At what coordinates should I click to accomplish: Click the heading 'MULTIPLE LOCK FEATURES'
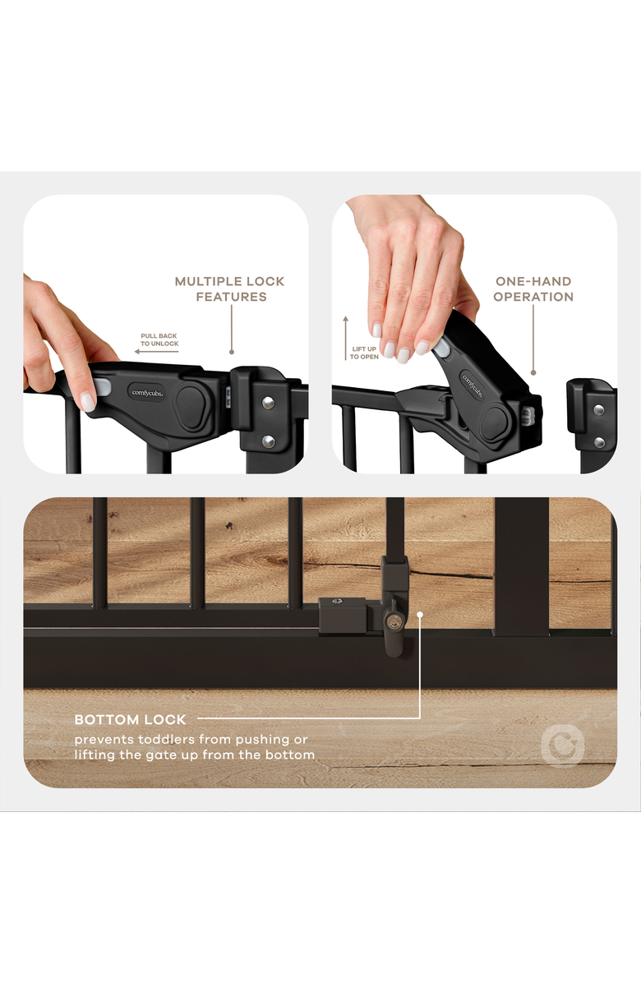pos(230,289)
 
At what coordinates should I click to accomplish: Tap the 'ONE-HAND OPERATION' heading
pos(533,289)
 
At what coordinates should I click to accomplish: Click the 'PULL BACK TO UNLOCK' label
pos(159,339)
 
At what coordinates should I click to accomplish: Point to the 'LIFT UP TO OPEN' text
pos(364,353)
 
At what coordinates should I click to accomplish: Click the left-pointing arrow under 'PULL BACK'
pos(157,352)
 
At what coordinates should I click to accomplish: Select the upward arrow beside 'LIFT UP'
pos(345,338)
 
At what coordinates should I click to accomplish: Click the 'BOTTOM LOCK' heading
pos(131,720)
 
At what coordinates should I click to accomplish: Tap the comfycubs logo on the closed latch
pos(147,393)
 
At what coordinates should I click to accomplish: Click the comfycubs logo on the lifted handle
pos(473,385)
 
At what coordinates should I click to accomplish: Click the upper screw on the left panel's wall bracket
pos(268,403)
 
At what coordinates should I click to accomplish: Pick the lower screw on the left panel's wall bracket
pos(268,443)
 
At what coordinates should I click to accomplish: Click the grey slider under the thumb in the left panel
pos(102,388)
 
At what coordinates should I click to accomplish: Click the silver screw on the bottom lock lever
pos(393,622)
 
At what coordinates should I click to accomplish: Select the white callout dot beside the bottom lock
pos(420,615)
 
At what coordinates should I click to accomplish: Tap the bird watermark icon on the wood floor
pos(562,746)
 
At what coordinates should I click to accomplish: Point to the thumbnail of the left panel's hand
pos(88,402)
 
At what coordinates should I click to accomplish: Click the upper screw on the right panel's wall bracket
pos(598,410)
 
